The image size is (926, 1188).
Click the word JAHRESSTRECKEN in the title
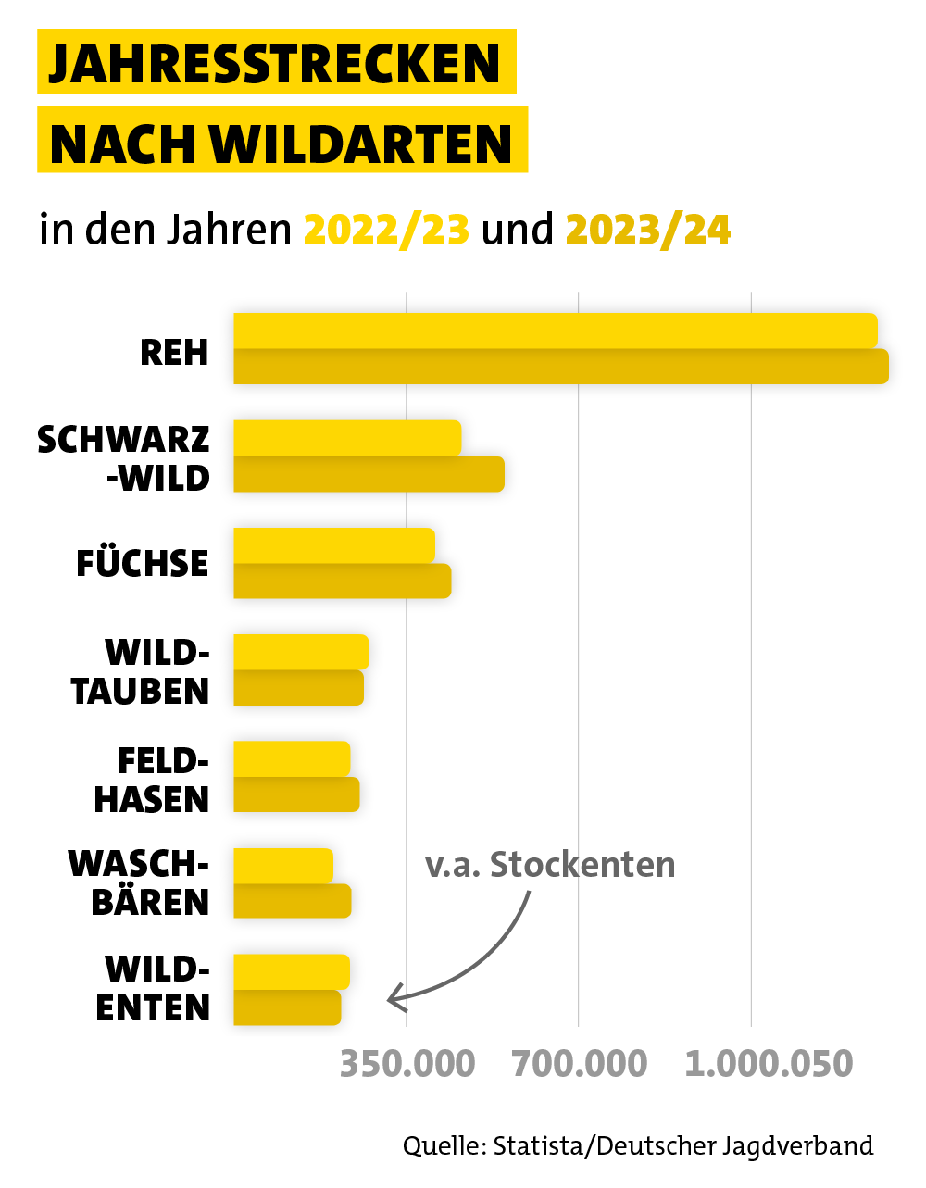coord(275,63)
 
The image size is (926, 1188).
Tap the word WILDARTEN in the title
coord(362,144)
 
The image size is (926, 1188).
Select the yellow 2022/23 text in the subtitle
coord(386,230)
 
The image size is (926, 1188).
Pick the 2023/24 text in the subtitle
coord(648,230)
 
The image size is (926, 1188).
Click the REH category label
coord(174,353)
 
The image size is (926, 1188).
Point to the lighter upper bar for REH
coord(555,331)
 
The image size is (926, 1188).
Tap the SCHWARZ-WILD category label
coord(124,458)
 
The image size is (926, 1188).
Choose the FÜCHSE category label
coord(143,564)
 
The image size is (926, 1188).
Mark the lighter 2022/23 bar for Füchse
coord(333,544)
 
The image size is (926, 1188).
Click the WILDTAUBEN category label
coord(141,671)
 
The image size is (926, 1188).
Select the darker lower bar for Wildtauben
coord(298,688)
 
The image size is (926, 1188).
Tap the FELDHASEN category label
coord(152,780)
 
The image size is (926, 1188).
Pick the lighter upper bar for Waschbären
coord(282,865)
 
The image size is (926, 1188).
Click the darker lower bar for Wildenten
coord(287,1007)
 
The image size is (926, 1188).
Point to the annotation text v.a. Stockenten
coord(550,865)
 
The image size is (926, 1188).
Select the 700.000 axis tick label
coord(579,1064)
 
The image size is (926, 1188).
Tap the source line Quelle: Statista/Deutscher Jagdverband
coord(638,1145)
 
